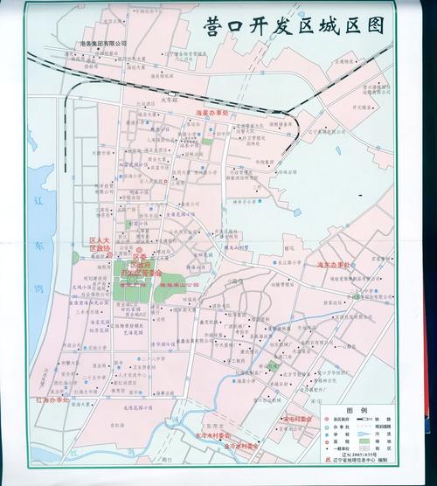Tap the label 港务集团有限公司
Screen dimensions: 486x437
click(103, 43)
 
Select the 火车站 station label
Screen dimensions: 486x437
click(169, 100)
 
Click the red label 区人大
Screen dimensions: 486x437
click(100, 240)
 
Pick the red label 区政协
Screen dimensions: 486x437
click(100, 248)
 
